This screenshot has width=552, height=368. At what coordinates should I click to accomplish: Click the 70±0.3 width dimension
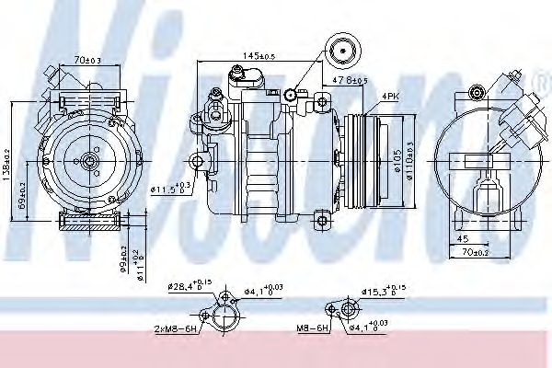(88, 60)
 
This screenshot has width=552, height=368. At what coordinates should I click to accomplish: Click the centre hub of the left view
(88, 162)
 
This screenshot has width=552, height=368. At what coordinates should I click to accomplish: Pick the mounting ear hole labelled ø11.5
(195, 163)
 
